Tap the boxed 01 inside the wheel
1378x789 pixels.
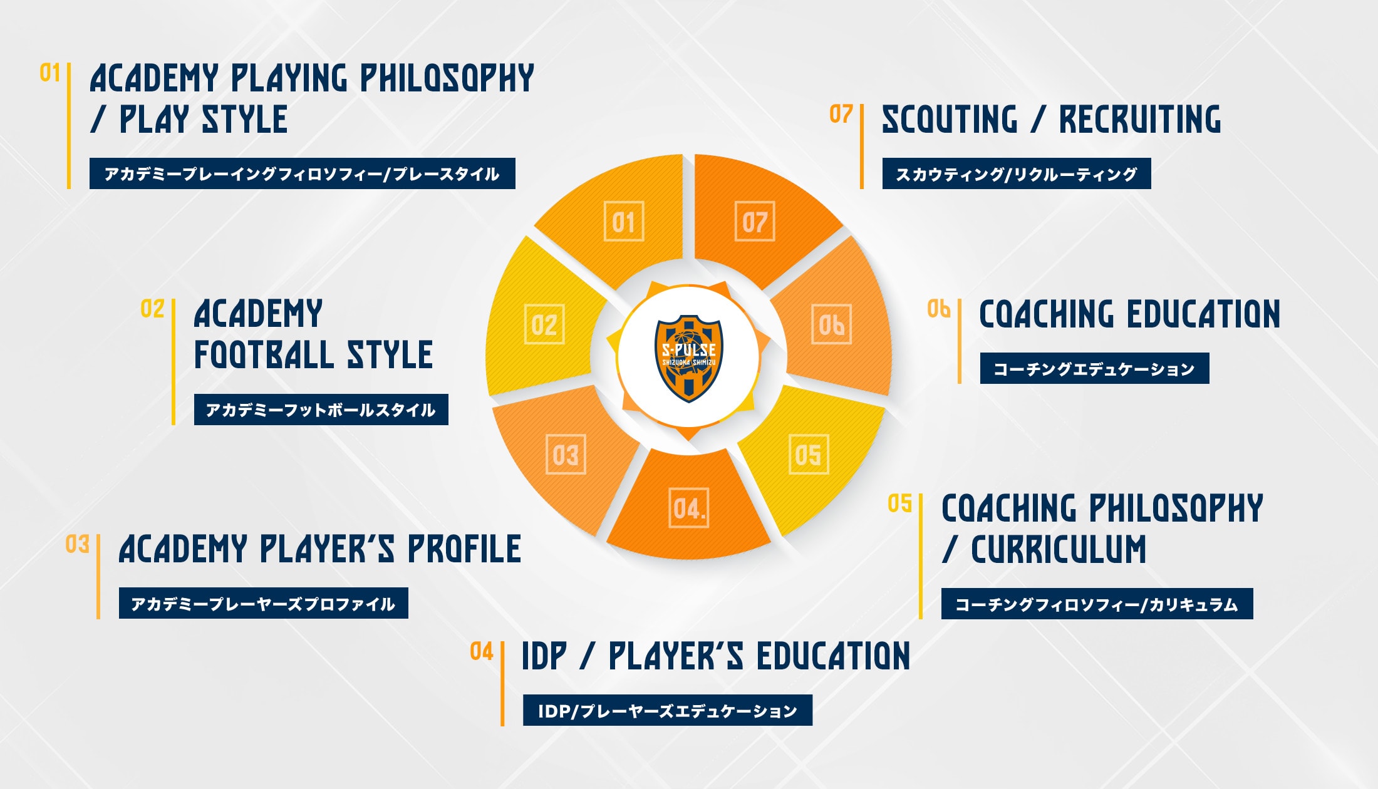coord(624,222)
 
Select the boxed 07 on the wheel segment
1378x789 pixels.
coord(754,222)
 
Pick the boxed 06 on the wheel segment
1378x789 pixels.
coord(831,324)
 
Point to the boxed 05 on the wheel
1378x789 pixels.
coord(808,455)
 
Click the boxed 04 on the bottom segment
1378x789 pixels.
coord(689,508)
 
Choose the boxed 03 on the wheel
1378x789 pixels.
coord(566,455)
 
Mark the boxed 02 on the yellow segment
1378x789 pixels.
coord(544,324)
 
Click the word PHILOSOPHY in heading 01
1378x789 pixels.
coord(447,79)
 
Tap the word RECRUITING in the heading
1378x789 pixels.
coord(1140,120)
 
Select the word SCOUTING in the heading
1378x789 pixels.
coord(950,120)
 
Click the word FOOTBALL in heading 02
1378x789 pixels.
coord(264,355)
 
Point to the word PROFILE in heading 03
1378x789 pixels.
coord(464,549)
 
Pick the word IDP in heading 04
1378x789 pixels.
coord(544,656)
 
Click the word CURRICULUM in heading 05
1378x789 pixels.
coord(1059,550)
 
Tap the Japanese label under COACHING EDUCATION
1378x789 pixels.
coord(1094,369)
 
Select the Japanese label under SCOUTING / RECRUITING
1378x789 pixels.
coord(1016,173)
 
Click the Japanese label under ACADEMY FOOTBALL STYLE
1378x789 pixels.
coord(321,410)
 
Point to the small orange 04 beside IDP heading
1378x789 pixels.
coord(481,651)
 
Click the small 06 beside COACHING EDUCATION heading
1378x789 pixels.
coord(938,309)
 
